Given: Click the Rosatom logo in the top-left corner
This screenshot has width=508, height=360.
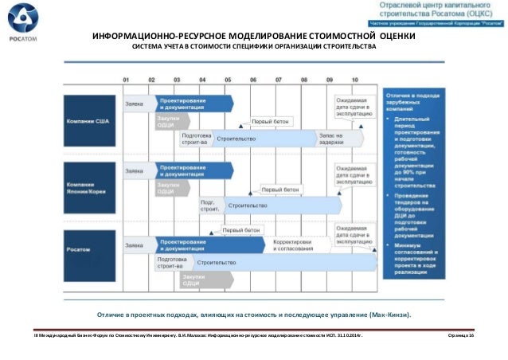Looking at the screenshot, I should (21, 22).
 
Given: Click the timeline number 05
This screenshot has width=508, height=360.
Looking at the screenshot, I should (228, 80).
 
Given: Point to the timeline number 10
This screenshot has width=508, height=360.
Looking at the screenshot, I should (354, 80).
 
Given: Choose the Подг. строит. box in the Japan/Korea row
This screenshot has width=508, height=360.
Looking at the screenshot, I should (209, 205).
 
